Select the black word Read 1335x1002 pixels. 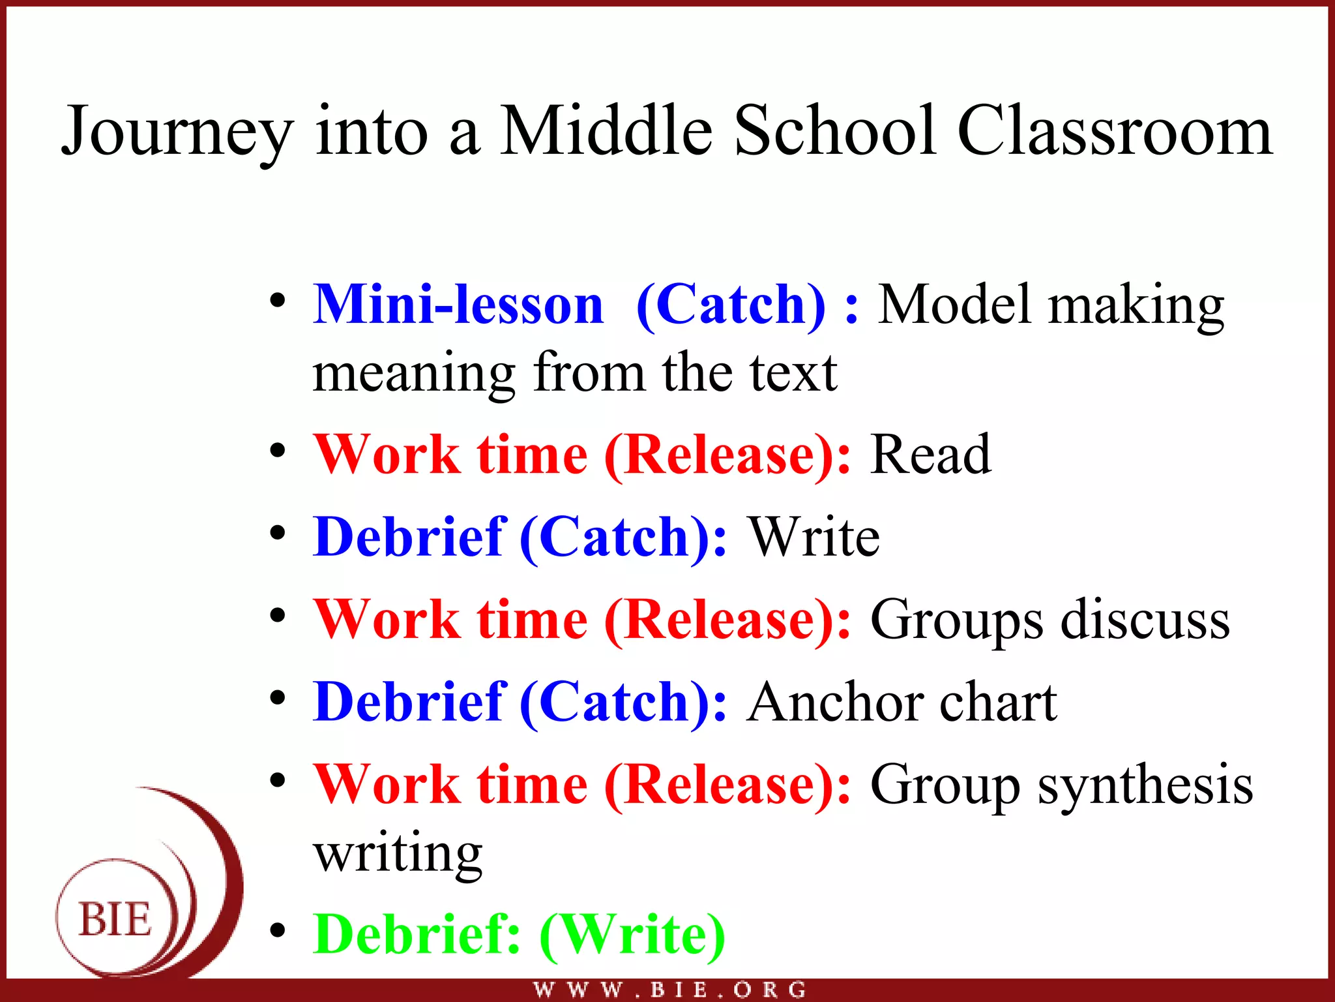[930, 455]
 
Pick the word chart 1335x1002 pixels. [998, 703]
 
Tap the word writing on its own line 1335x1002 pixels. [398, 855]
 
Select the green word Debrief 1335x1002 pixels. [417, 934]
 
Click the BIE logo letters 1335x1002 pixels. [115, 920]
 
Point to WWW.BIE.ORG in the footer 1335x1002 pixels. [669, 990]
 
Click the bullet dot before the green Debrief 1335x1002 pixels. [278, 932]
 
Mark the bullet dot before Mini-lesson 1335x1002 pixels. [278, 301]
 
